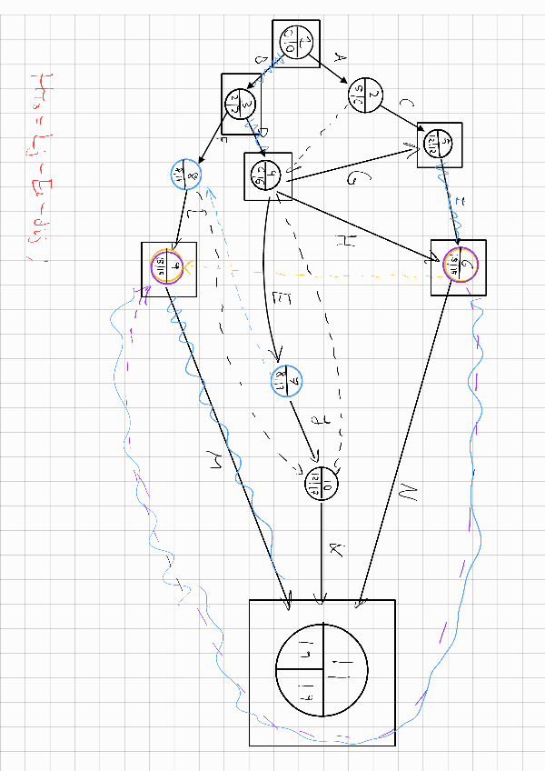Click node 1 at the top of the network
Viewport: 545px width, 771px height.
pos(295,43)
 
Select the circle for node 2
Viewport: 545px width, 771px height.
pos(365,95)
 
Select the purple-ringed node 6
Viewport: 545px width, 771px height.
pos(459,266)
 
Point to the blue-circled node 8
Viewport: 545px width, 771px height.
pos(184,173)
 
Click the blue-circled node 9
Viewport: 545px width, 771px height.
pos(284,381)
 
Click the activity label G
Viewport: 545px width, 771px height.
pos(352,178)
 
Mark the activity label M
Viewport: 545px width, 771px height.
pos(217,466)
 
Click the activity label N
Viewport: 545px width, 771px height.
pos(406,496)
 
